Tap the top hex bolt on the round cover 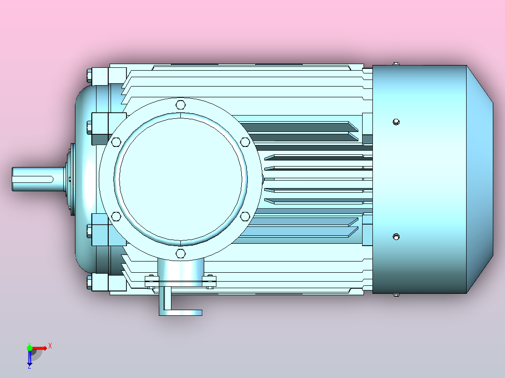tap(181, 104)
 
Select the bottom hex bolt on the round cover tap(181, 254)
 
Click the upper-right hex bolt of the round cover tap(245, 141)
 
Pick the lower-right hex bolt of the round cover tap(245, 216)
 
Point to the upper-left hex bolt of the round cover tap(116, 141)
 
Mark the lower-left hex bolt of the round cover tap(116, 216)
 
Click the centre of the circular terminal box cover tap(181, 179)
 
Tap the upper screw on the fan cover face tap(396, 122)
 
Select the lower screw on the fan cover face tap(396, 237)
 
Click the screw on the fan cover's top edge tap(396, 63)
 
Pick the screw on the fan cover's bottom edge tap(396, 295)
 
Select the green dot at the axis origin tap(30, 348)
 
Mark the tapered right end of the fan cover tap(480, 179)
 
